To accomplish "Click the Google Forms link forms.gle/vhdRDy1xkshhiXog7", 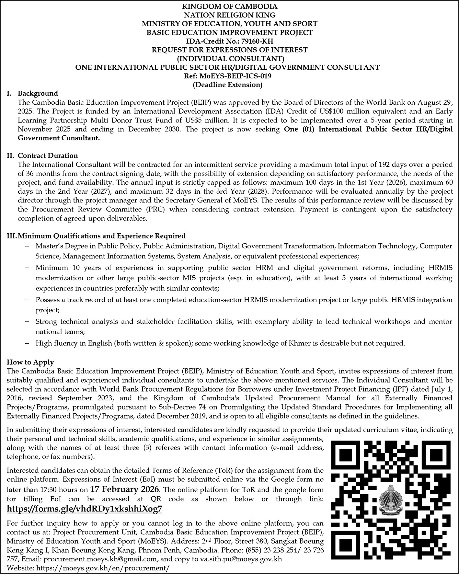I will tap(84, 509).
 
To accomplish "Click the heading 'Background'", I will tap(38, 94).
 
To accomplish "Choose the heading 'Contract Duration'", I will tap(48, 155).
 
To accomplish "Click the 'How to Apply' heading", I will tap(30, 362).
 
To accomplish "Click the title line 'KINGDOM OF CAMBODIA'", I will tap(229, 6).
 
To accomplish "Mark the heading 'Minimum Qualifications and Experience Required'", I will tap(102, 235).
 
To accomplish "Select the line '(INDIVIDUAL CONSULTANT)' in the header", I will tap(229, 59).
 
